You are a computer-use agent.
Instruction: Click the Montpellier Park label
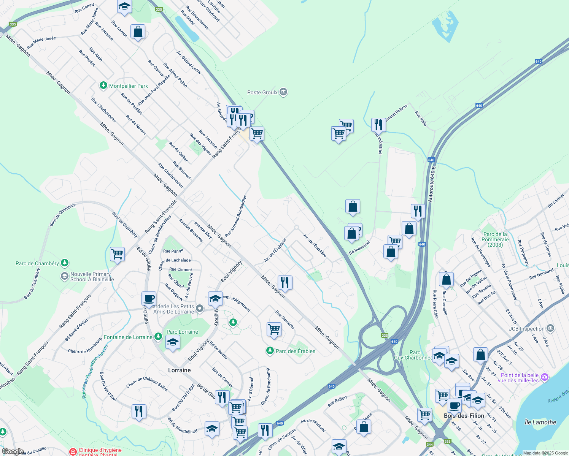tap(129, 86)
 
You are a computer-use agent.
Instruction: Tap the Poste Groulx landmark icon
tap(283, 92)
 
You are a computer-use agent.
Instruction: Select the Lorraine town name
tap(180, 370)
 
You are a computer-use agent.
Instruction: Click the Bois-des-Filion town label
tap(464, 416)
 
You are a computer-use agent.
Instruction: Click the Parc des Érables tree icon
tap(270, 350)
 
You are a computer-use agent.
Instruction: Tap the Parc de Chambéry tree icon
tap(65, 263)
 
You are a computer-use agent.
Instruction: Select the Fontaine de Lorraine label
tap(128, 337)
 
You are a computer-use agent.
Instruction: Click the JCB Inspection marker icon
tap(550, 328)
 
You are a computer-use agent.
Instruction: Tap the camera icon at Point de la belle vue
tap(545, 377)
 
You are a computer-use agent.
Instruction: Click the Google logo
tap(13, 451)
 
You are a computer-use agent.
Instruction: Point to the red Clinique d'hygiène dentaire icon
tap(73, 451)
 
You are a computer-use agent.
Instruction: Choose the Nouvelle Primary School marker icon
tap(65, 276)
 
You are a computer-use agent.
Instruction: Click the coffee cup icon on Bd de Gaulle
tap(149, 298)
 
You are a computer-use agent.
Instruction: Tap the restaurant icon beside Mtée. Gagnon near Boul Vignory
tap(285, 282)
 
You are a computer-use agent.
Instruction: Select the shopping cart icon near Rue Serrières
tap(274, 329)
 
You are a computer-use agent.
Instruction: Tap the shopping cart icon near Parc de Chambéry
tap(117, 254)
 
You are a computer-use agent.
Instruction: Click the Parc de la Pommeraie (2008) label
tap(495, 239)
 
